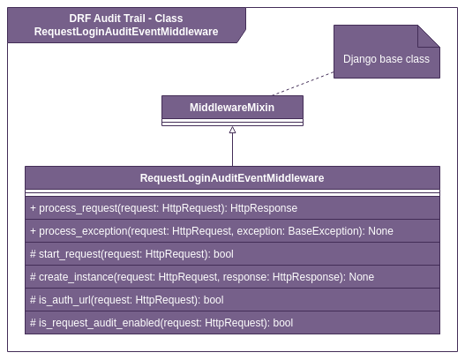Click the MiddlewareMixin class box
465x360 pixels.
(232, 109)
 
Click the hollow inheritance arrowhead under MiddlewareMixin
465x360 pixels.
(232, 131)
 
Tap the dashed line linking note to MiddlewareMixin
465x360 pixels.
(304, 85)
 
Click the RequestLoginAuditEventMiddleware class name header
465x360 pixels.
(232, 177)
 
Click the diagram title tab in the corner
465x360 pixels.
(126, 25)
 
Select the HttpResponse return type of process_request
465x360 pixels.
(264, 208)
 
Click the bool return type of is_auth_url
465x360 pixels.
(214, 300)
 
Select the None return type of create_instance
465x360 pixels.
(361, 277)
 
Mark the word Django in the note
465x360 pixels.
(360, 59)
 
